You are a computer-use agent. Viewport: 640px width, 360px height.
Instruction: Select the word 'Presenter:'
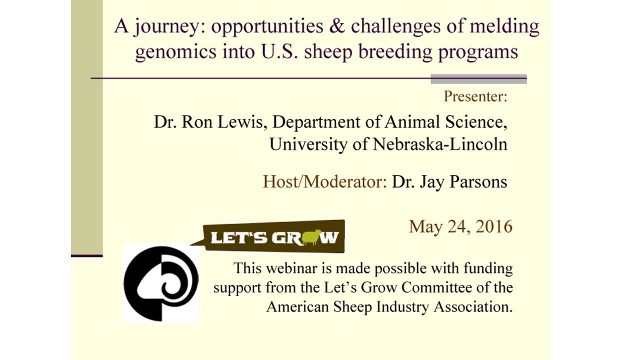(475, 96)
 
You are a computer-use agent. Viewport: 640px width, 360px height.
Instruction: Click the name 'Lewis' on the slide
(242, 122)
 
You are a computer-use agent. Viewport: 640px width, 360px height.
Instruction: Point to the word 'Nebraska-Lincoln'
(440, 144)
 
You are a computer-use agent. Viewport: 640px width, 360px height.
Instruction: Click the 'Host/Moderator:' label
(325, 182)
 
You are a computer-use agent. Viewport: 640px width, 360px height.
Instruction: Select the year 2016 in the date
(494, 227)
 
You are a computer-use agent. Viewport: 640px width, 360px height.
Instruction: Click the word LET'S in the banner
(238, 238)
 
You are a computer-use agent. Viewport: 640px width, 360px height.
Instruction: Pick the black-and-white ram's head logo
(160, 282)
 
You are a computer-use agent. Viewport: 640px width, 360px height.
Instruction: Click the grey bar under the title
(478, 79)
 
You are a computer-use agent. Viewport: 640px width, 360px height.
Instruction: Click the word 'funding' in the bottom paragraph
(483, 268)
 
